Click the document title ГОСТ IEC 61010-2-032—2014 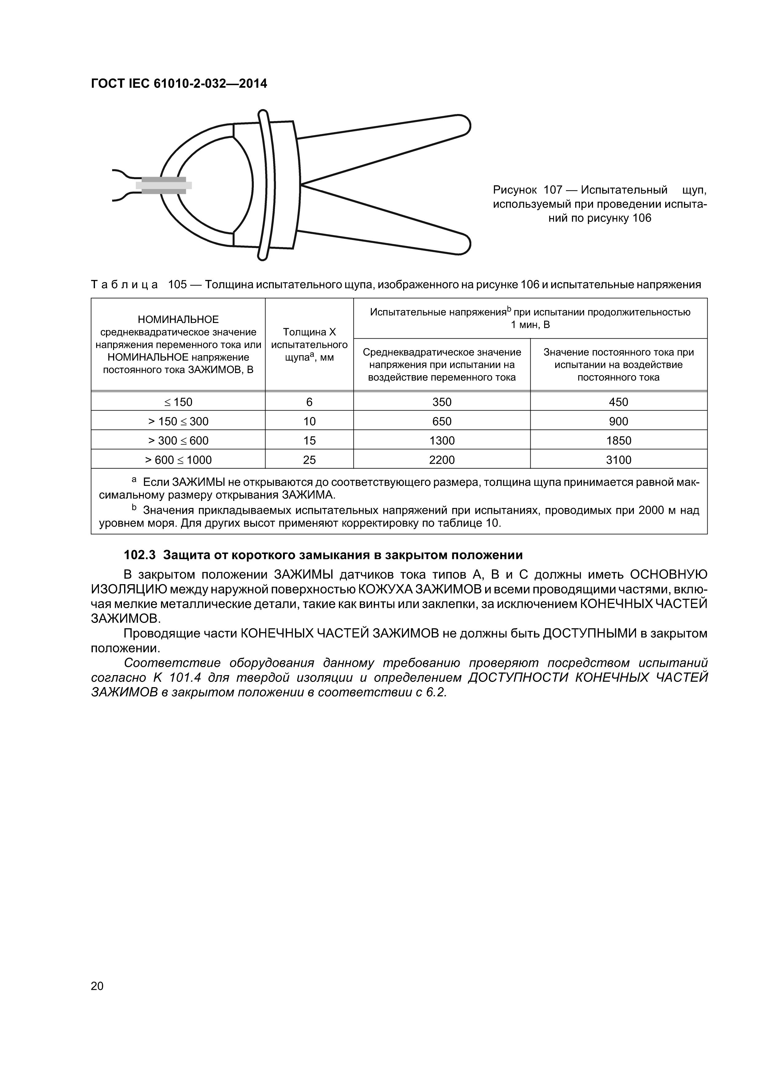pyautogui.click(x=179, y=84)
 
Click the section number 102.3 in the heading pyautogui.click(x=139, y=555)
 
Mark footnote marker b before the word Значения pyautogui.click(x=134, y=508)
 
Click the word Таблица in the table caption pyautogui.click(x=124, y=285)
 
